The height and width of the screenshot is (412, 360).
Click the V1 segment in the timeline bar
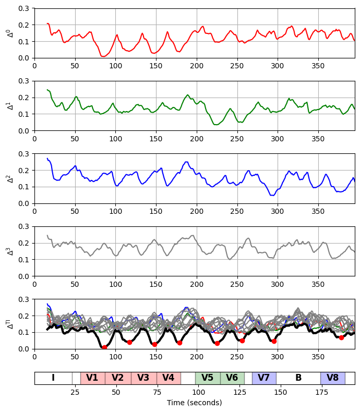click(92, 378)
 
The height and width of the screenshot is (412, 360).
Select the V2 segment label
click(118, 378)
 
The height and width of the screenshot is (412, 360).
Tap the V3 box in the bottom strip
click(143, 378)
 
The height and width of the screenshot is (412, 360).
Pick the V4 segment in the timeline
click(169, 378)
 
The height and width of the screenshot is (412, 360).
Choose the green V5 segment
click(208, 378)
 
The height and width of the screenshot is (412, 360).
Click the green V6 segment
click(232, 378)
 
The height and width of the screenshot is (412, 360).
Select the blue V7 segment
click(264, 378)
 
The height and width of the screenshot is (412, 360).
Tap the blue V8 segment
click(333, 378)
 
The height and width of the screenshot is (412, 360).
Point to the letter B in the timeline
click(298, 378)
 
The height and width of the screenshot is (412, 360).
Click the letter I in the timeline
click(53, 378)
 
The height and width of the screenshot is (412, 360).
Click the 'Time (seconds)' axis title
click(194, 403)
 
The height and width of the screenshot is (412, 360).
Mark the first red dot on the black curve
click(104, 347)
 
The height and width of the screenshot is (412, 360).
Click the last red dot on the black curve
click(341, 337)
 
